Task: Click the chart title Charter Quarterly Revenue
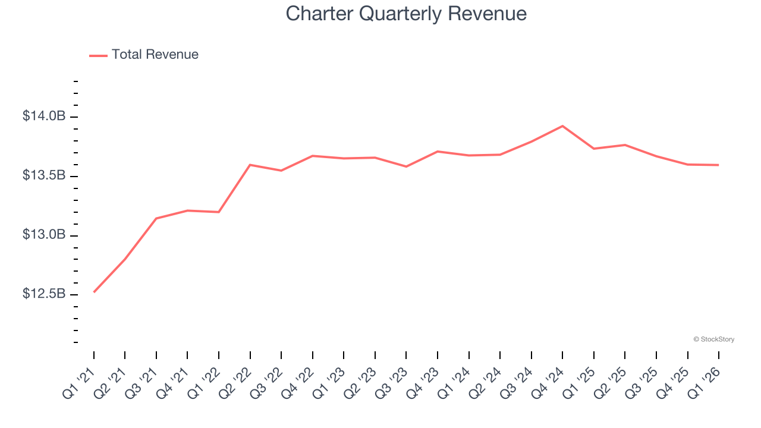point(406,14)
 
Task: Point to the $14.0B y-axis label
point(44,116)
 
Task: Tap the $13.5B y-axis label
point(44,175)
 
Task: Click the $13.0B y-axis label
point(44,235)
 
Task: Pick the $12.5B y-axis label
point(44,294)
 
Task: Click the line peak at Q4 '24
point(562,126)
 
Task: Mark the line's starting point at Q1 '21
point(94,292)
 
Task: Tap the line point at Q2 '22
point(250,165)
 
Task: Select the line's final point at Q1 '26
point(719,165)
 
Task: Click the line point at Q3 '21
point(156,218)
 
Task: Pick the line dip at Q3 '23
point(406,166)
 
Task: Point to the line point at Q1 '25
point(594,149)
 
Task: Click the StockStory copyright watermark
point(714,339)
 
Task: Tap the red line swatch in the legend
point(98,55)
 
